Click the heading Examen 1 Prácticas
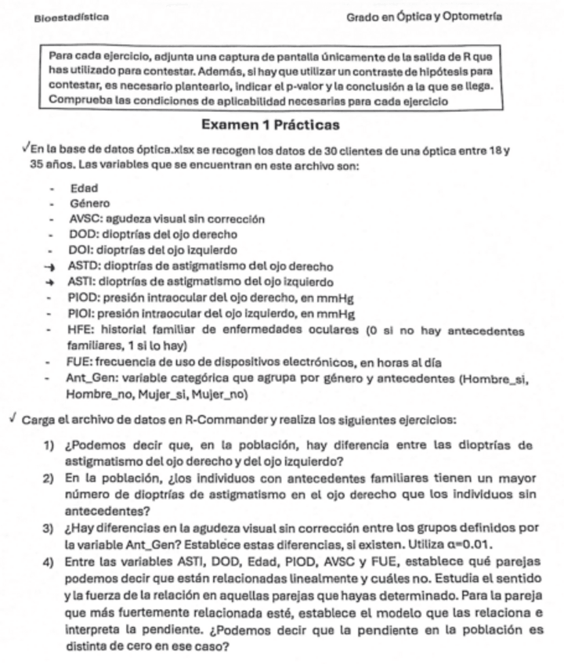(270, 125)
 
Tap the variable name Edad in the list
(83, 189)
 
